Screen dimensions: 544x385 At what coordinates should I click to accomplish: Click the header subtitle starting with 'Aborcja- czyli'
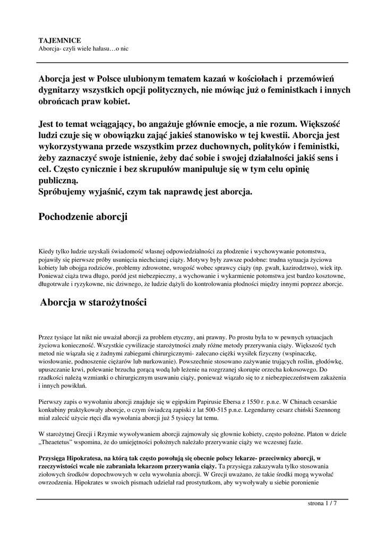point(84,48)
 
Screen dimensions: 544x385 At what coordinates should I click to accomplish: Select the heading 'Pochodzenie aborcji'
point(83,217)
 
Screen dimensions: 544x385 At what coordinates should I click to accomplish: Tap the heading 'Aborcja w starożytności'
point(93,302)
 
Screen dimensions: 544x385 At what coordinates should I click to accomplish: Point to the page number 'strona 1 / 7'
point(322,504)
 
